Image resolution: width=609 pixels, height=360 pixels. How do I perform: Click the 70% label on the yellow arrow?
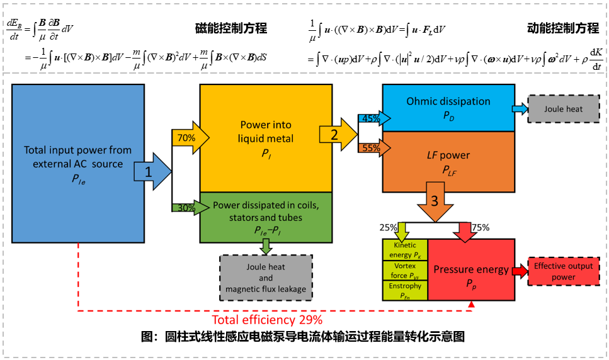(185, 137)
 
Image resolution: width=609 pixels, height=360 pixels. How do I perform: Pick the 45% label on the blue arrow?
(371, 118)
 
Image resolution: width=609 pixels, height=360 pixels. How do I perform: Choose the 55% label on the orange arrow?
(371, 148)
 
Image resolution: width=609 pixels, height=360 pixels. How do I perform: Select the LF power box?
(448, 161)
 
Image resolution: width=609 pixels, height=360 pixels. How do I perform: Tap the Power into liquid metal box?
(265, 137)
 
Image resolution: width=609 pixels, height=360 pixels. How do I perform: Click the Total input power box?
(77, 164)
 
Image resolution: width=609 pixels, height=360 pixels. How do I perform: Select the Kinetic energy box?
(404, 249)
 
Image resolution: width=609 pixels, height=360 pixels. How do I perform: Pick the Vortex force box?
(404, 271)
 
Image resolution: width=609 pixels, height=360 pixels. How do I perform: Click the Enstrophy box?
(404, 290)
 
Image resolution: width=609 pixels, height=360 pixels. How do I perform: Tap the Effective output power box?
(563, 271)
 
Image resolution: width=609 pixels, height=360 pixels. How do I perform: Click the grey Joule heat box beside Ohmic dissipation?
(564, 109)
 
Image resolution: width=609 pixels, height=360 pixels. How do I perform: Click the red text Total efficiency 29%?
(267, 319)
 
